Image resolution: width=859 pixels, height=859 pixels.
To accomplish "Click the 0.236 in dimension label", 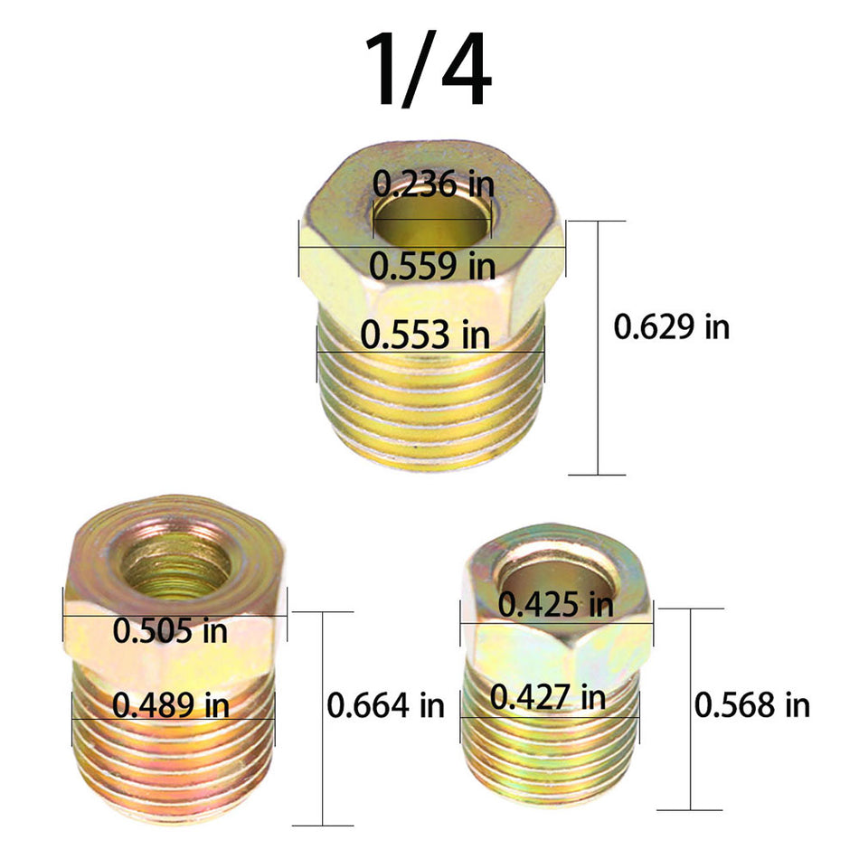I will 435,184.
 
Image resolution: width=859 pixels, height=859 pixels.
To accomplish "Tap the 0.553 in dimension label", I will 425,335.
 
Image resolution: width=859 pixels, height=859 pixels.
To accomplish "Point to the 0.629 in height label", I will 671,326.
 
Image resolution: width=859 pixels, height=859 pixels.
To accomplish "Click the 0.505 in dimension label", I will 170,629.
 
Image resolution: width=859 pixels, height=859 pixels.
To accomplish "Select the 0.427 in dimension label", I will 548,697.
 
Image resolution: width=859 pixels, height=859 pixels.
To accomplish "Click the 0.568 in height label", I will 751,704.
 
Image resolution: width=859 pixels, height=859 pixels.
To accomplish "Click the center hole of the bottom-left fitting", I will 177,563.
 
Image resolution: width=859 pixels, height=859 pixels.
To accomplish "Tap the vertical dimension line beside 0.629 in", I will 597,348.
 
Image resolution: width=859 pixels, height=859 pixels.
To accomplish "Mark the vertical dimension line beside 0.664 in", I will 321,719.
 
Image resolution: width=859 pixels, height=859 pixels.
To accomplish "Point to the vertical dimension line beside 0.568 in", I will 692,710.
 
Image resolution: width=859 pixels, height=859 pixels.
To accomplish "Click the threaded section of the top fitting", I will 431,407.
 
